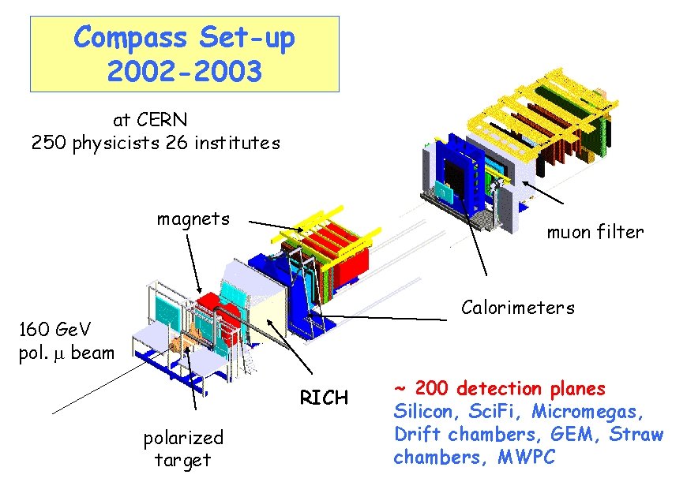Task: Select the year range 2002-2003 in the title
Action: click(183, 72)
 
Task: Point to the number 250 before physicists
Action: click(48, 143)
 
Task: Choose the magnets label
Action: click(193, 219)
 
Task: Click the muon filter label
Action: click(595, 232)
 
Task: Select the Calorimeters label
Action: click(518, 307)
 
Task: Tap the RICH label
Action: click(324, 398)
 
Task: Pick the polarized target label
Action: click(183, 448)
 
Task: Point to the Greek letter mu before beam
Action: click(59, 353)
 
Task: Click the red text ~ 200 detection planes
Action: click(499, 389)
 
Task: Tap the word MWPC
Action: click(527, 457)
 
